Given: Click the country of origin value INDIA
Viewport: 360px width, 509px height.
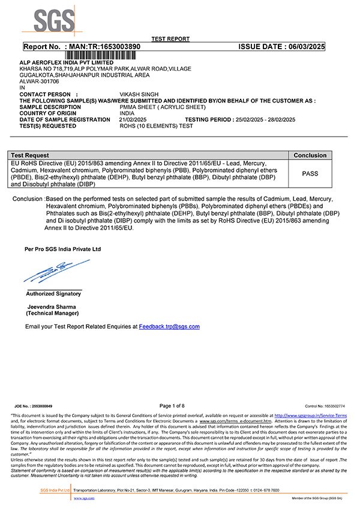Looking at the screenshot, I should coord(127,113).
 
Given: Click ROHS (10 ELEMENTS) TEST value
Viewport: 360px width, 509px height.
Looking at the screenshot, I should coord(157,126).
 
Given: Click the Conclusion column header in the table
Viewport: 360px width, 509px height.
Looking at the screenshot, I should coord(310,155).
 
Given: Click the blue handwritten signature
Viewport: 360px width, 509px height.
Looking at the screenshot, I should coord(54,272).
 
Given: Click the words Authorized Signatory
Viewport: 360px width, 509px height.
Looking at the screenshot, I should coord(53,294).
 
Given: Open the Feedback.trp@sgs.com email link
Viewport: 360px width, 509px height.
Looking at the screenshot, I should coord(169,327).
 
